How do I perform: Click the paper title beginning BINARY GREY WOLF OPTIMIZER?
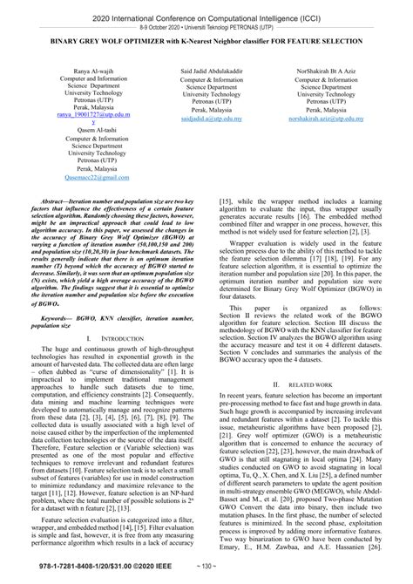(206, 41)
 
